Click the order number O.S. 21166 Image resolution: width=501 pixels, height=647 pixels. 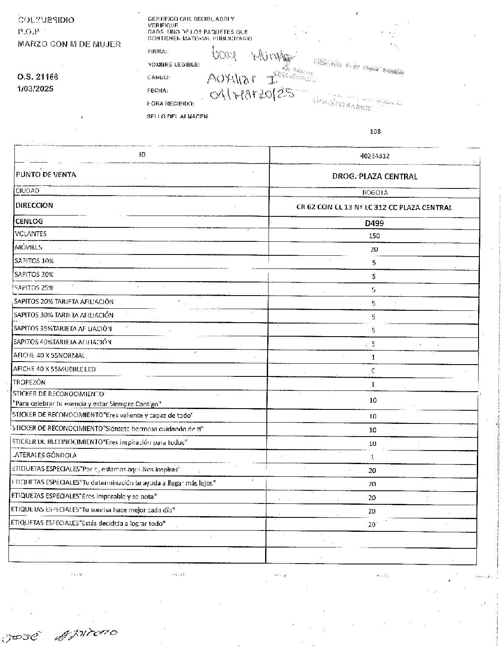[x=38, y=77]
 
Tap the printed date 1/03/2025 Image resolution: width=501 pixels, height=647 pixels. [x=36, y=89]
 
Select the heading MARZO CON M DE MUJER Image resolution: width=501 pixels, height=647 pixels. [x=69, y=44]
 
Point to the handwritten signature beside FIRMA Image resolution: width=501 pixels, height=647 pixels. [x=252, y=55]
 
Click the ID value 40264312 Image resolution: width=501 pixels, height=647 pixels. [x=374, y=156]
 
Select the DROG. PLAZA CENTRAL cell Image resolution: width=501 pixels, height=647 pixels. [x=374, y=177]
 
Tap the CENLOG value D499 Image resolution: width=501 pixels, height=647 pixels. [x=374, y=223]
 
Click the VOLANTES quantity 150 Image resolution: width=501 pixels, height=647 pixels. [x=374, y=235]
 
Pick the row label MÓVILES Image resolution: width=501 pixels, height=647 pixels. [x=28, y=247]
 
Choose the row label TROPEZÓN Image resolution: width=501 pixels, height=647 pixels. [x=29, y=382]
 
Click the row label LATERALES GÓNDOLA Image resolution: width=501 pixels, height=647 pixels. [x=45, y=455]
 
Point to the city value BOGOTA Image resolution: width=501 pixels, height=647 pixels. [x=375, y=193]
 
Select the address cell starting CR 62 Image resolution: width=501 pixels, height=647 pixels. [x=374, y=207]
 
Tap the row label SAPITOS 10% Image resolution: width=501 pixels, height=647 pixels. [x=34, y=261]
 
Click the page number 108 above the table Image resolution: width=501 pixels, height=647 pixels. [x=375, y=132]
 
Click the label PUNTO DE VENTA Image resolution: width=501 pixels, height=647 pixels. [x=46, y=174]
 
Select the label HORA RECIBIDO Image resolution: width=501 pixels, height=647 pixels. [x=171, y=103]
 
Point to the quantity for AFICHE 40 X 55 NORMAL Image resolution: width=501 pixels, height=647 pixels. [x=373, y=357]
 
